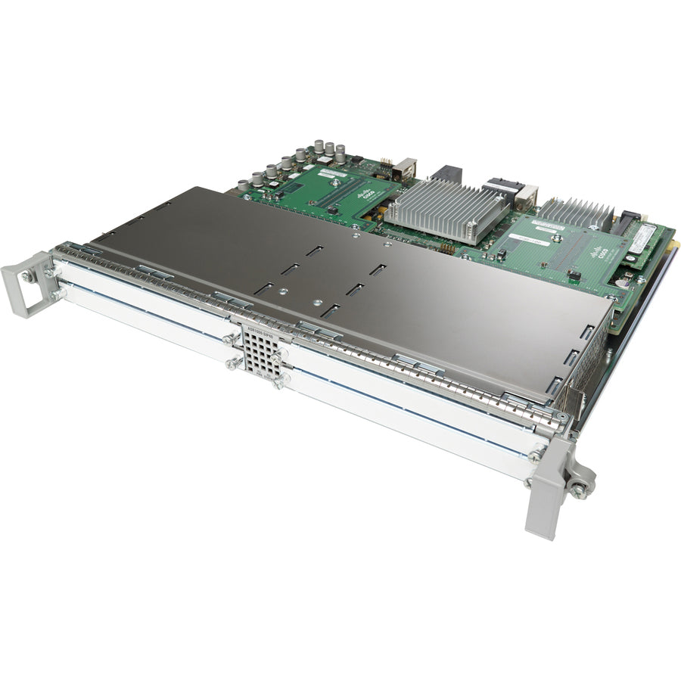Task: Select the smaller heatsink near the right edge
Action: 575,215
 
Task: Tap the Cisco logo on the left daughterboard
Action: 366,195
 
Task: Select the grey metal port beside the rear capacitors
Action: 405,169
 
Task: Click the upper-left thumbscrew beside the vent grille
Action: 229,340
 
